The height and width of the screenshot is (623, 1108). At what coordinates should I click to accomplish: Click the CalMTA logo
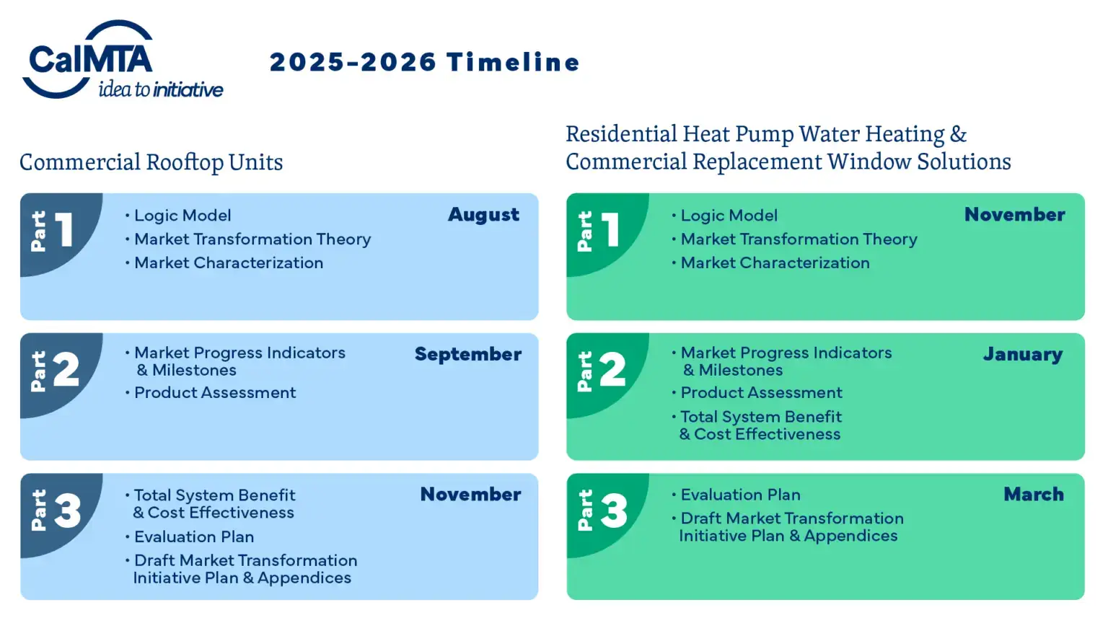tap(122, 59)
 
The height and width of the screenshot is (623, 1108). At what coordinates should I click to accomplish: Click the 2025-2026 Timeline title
tap(425, 62)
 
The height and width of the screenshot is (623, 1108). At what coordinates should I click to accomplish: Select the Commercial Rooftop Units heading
tap(151, 163)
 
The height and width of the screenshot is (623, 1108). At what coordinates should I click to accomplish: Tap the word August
tap(483, 215)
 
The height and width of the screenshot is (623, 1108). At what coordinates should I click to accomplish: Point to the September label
tap(468, 355)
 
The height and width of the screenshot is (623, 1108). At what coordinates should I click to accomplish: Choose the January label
tap(1023, 355)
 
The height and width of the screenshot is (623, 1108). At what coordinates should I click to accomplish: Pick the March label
tap(1034, 495)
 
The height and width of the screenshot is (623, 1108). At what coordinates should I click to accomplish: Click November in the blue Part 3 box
tap(470, 495)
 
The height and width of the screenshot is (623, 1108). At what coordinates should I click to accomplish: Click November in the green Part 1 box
tap(1014, 215)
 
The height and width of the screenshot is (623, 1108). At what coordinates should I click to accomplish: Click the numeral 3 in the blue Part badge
tap(67, 511)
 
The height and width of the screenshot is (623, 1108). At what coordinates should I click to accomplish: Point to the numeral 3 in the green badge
tap(614, 511)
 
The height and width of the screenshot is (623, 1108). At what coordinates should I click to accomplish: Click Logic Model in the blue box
tap(183, 216)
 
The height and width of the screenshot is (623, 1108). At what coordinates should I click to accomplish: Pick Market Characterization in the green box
tap(775, 263)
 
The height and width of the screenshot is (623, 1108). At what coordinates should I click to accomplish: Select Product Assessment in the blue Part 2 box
tap(215, 392)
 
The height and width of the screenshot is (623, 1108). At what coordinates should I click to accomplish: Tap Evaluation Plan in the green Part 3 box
tap(741, 495)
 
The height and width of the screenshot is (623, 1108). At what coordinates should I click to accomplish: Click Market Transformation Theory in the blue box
tap(252, 239)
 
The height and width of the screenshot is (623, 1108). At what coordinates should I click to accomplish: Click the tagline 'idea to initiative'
tap(161, 90)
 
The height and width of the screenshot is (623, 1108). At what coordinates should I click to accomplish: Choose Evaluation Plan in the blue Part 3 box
tap(194, 537)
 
